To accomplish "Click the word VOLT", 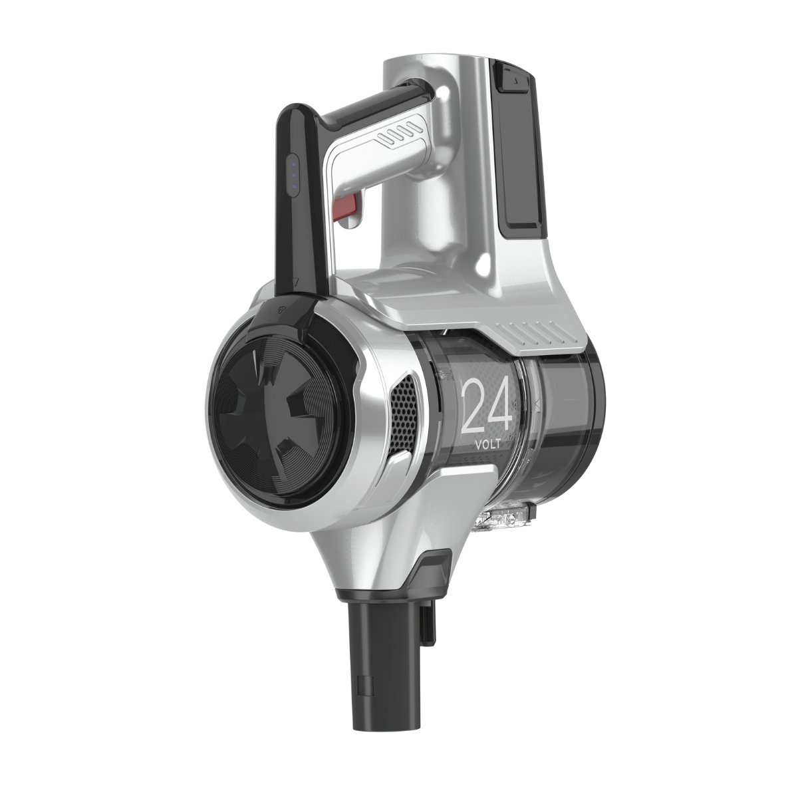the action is [x=488, y=444].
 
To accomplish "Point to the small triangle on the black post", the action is [x=295, y=281].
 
